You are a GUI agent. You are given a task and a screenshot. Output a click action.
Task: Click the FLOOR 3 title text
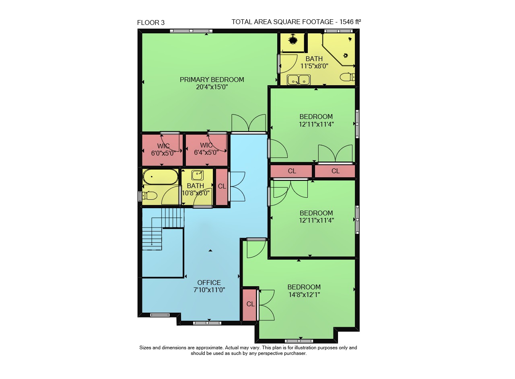point(151,23)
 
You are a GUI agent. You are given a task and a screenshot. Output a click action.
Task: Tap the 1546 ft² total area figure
point(350,22)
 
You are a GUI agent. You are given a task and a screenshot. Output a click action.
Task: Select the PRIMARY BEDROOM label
point(212,80)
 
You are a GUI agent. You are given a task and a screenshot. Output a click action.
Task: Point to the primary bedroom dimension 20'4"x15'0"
point(212,87)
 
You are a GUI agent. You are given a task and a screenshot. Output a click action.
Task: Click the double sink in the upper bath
point(299,80)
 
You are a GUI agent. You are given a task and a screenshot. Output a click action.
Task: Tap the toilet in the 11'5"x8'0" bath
point(347,77)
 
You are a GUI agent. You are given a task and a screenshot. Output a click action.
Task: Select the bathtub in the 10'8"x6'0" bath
point(161,177)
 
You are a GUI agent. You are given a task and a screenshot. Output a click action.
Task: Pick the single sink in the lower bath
point(198,176)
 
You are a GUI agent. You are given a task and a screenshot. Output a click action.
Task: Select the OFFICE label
point(209,283)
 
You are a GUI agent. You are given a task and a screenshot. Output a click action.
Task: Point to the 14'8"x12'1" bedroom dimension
point(304,295)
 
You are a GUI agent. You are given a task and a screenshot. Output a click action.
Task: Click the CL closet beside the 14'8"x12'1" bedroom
point(250,304)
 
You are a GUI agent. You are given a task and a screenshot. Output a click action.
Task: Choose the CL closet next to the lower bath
point(222,186)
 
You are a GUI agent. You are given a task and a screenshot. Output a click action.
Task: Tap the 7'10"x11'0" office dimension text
point(209,290)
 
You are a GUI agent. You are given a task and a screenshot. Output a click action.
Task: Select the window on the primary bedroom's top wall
point(191,31)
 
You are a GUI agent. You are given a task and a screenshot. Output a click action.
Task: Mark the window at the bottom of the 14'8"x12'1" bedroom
point(299,341)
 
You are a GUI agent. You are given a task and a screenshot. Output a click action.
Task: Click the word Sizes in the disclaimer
point(145,348)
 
